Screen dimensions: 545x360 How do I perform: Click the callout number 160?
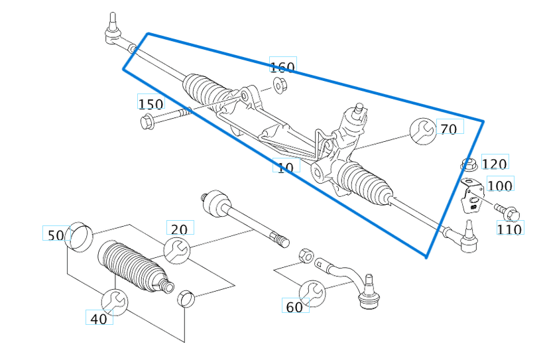click(x=283, y=66)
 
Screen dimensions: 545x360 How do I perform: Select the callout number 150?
click(x=151, y=103)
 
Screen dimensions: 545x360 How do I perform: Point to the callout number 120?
click(x=495, y=164)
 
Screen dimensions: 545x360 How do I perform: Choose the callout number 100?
click(x=500, y=186)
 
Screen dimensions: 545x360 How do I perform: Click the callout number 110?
click(x=510, y=229)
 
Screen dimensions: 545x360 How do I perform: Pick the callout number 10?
click(x=286, y=167)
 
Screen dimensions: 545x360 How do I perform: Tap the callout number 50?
click(x=56, y=235)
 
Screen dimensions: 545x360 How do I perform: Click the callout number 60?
click(x=294, y=307)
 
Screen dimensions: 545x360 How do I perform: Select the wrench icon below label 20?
click(x=177, y=250)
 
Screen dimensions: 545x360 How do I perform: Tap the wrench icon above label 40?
click(x=115, y=302)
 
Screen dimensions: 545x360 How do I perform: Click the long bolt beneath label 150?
click(x=166, y=117)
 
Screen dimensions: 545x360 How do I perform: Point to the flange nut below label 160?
click(x=279, y=85)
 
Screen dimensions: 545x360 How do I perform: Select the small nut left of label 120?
click(x=469, y=164)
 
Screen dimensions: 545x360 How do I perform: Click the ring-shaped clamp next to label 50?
click(x=80, y=235)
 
